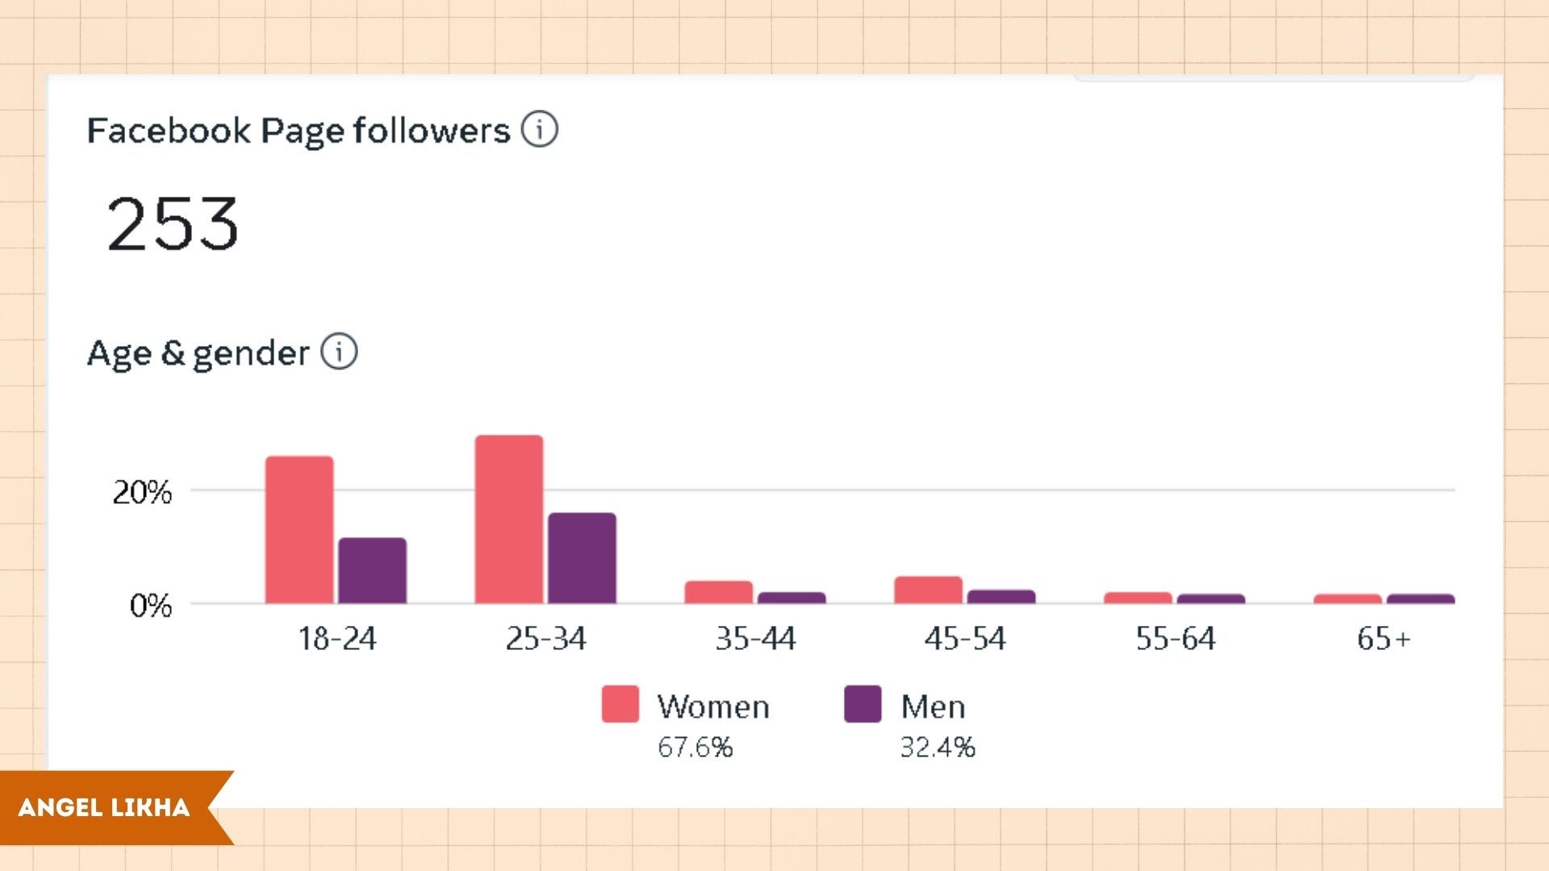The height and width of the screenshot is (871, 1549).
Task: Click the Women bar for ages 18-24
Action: click(x=299, y=530)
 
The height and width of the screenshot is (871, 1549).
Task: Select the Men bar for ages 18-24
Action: click(x=372, y=570)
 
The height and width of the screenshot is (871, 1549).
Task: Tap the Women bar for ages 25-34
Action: click(x=509, y=519)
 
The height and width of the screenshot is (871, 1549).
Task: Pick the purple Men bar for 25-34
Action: click(x=582, y=558)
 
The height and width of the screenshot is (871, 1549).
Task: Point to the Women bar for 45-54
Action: click(x=928, y=590)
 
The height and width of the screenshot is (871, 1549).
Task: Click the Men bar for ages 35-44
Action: click(x=791, y=598)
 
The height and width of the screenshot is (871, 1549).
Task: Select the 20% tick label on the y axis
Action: click(x=142, y=492)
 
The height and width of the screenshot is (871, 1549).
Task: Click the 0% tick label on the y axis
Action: click(x=151, y=605)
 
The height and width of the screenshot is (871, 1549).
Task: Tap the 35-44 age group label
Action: click(x=755, y=639)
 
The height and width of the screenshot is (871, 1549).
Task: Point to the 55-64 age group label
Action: click(x=1175, y=639)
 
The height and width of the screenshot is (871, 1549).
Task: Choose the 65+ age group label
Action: click(x=1383, y=639)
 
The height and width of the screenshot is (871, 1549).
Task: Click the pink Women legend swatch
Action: click(x=620, y=704)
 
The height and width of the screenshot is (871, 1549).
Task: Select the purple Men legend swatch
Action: click(x=862, y=704)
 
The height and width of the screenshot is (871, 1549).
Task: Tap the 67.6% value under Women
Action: click(x=695, y=748)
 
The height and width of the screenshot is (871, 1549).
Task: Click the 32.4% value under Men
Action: click(x=937, y=748)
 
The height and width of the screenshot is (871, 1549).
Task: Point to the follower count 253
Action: click(x=173, y=223)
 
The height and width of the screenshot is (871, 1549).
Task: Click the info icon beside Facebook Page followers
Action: click(x=539, y=129)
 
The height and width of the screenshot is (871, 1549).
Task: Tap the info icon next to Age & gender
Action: click(x=339, y=352)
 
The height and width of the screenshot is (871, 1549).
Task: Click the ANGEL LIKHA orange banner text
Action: click(x=104, y=807)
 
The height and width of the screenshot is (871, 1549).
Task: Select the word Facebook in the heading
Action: click(x=169, y=131)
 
